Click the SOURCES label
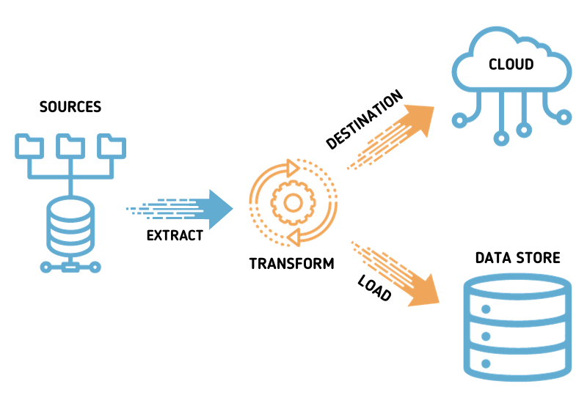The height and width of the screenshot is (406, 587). pyautogui.click(x=70, y=107)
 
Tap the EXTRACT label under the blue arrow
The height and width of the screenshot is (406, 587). pyautogui.click(x=175, y=235)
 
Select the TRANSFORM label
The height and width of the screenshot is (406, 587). pyautogui.click(x=291, y=263)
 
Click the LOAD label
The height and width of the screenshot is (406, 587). pyautogui.click(x=374, y=289)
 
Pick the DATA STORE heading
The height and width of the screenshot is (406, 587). pyautogui.click(x=517, y=258)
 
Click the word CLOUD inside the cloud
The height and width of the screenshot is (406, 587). pyautogui.click(x=511, y=65)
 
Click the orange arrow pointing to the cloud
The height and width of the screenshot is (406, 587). pyautogui.click(x=415, y=122)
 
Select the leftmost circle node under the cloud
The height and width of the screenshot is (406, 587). pyautogui.click(x=460, y=117)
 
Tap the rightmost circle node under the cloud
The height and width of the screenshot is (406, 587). pyautogui.click(x=563, y=117)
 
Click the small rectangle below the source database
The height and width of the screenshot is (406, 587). pyautogui.click(x=71, y=267)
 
